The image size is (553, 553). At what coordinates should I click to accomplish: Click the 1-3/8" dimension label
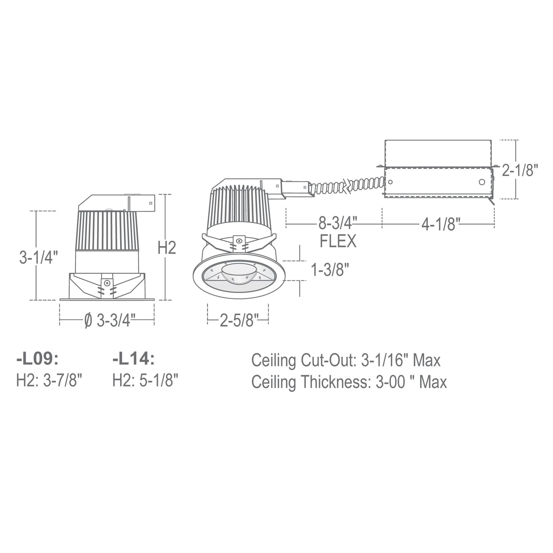(x=330, y=270)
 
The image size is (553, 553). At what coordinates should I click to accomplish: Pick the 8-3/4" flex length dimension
(x=338, y=224)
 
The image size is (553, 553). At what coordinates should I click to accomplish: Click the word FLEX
(x=338, y=241)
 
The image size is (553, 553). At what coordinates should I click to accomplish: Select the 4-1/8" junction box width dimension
(x=440, y=224)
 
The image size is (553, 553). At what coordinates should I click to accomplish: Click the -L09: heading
(x=37, y=360)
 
